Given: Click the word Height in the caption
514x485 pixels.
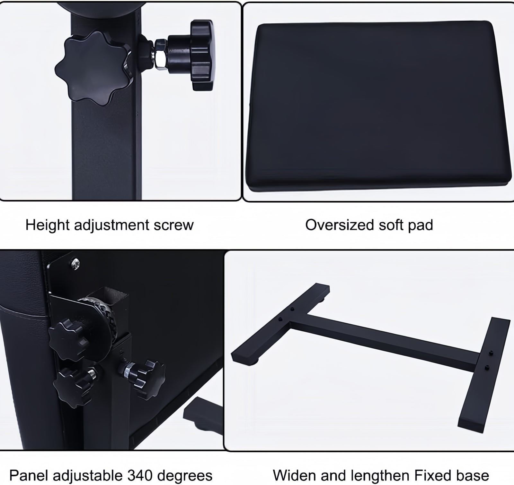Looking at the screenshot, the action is pos(48,225).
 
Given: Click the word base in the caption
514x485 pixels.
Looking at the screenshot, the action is pos(473,475).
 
